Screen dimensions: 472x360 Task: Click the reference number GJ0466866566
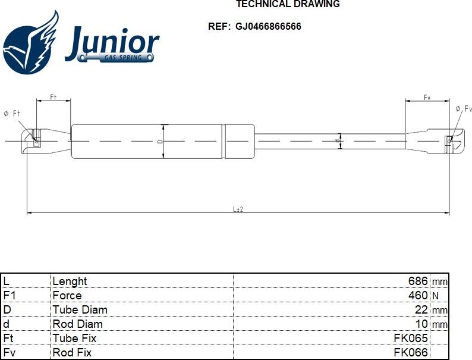268,27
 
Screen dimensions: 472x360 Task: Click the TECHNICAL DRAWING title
288,4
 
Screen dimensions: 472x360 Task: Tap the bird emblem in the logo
30,42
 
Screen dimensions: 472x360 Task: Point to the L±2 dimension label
238,209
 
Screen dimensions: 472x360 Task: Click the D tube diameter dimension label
161,141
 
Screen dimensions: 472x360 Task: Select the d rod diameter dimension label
338,140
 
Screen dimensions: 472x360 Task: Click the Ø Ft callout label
12,114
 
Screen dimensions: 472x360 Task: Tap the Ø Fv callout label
464,109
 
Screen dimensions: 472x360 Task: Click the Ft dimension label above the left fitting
54,97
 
